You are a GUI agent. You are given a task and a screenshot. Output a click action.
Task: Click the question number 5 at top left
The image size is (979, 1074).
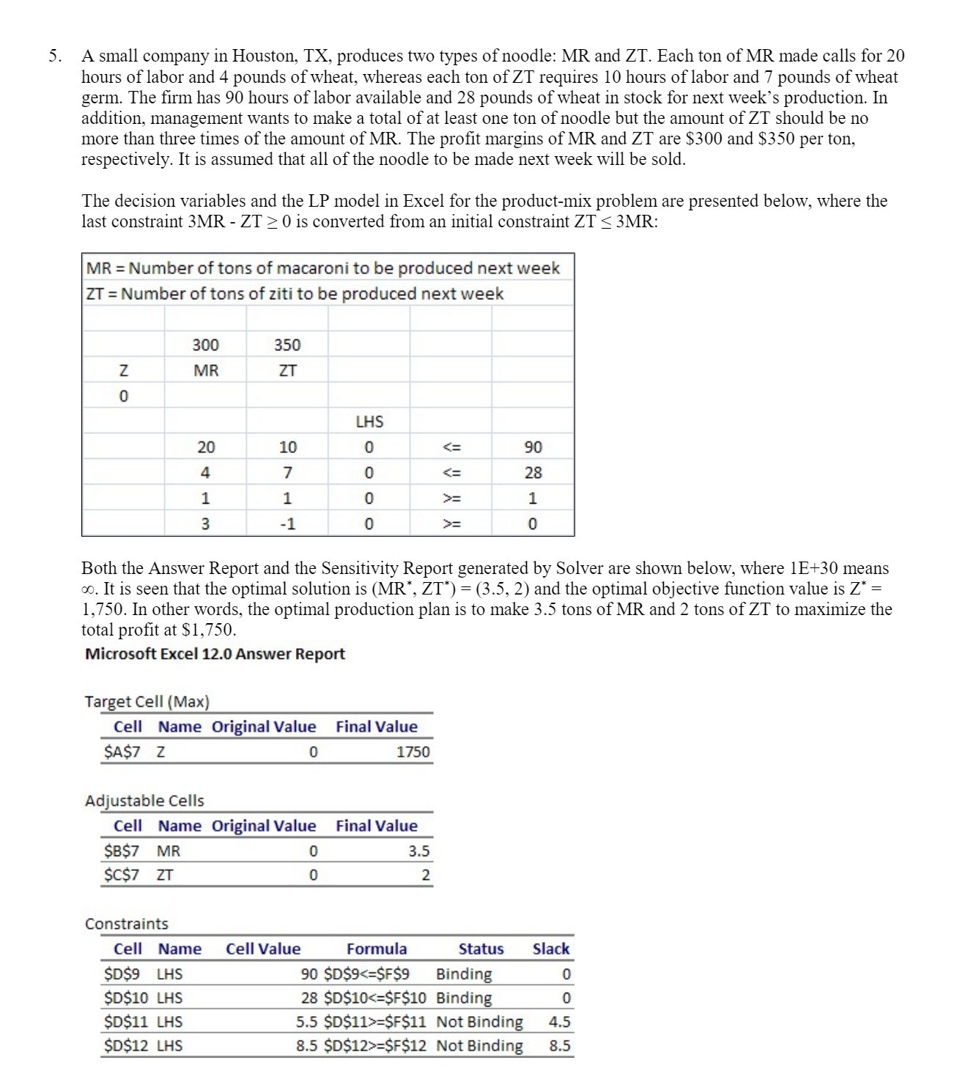coord(53,56)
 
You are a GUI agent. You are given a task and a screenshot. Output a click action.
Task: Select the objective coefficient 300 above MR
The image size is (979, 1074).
coord(205,345)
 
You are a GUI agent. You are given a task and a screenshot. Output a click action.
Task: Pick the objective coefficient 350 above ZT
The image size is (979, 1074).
coord(287,345)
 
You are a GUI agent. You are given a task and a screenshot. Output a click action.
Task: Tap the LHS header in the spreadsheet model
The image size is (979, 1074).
coord(369,422)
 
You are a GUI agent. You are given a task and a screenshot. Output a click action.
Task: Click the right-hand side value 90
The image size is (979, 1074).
coord(533,447)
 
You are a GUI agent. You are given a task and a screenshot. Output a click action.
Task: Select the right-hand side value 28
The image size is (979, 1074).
coord(533,473)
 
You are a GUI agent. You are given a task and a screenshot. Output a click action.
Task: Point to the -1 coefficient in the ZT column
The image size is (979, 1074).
coord(287,524)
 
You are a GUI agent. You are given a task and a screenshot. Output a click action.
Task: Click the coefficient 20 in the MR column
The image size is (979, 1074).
coord(205,447)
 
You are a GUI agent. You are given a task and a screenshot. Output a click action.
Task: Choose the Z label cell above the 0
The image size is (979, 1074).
coord(123,371)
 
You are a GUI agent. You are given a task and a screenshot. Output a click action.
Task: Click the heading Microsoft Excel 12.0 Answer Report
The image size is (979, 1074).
coord(215,654)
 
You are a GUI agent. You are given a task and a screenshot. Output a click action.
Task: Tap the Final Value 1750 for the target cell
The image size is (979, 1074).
coord(413,752)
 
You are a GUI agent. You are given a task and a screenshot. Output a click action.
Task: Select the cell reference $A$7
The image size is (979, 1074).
coord(122,752)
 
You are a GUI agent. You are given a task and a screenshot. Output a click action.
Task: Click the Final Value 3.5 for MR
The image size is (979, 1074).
coord(418,851)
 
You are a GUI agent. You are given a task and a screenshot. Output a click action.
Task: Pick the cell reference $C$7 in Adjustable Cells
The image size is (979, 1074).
coord(122,875)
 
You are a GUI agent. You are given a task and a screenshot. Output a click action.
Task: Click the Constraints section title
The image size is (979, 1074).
coord(127,924)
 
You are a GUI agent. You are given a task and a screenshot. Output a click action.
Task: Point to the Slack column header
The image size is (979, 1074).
coord(550,949)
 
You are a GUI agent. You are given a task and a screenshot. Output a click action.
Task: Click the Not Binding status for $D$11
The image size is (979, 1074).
coord(479,1022)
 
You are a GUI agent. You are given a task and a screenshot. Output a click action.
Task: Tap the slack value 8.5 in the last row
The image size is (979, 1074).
coord(559,1046)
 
